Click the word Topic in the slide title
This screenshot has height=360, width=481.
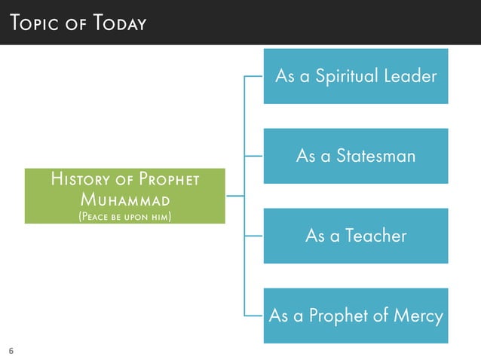(33, 23)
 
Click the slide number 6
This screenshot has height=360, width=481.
(11, 350)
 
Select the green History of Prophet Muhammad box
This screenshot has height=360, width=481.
(125, 196)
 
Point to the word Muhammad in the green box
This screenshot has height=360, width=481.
(124, 200)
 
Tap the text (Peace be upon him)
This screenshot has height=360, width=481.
(125, 217)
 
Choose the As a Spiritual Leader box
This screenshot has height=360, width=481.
(356, 76)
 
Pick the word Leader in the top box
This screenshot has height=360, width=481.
(412, 76)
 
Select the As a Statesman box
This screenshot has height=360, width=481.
(356, 156)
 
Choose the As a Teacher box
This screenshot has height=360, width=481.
(356, 236)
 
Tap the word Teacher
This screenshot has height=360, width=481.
(375, 236)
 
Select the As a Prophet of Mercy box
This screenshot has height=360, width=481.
(356, 316)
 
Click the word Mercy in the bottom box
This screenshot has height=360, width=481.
(417, 316)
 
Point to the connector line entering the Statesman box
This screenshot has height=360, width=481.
(254, 156)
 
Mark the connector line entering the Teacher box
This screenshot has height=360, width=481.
(254, 236)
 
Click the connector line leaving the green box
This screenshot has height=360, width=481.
(234, 196)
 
